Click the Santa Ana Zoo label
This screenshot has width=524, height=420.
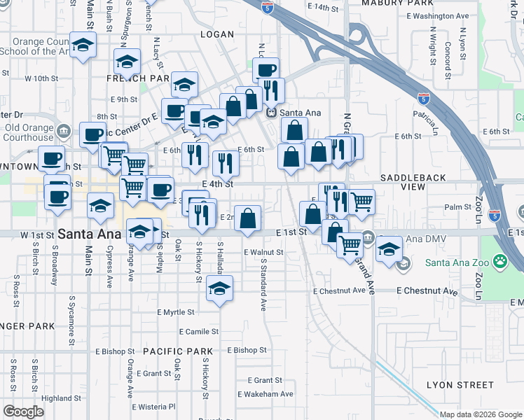pos(457,263)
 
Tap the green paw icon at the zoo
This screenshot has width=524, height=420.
pos(499,263)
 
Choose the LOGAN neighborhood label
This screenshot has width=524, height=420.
pos(216,34)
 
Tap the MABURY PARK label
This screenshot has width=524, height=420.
pos(389,3)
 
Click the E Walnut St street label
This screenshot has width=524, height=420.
pos(263,252)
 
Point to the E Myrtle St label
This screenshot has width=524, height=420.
pos(176,311)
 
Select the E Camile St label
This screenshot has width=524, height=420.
pos(199,331)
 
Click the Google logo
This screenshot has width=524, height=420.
pos(23,412)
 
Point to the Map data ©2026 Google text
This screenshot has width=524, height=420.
pos(481,414)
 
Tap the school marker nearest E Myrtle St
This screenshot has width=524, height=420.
pos(219,290)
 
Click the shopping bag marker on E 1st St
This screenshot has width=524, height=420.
pos(247,219)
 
